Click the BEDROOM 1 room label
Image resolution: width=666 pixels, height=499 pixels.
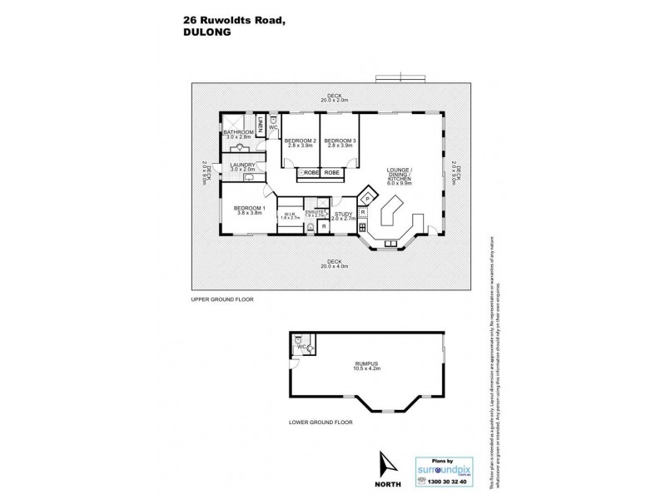click(249, 208)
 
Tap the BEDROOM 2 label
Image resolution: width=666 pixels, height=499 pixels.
click(300, 141)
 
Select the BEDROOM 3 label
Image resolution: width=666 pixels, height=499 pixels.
click(340, 141)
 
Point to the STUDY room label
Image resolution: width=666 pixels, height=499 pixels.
click(343, 215)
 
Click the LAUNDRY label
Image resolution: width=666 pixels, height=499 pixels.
click(242, 166)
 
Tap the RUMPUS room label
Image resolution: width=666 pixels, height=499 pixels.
click(366, 361)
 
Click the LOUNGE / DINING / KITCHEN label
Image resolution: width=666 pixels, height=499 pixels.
click(400, 176)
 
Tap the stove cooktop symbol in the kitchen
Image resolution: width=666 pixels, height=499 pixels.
click(363, 227)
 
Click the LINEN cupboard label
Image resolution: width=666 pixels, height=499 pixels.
click(261, 125)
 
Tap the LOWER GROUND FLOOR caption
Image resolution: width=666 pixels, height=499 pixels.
click(321, 422)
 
